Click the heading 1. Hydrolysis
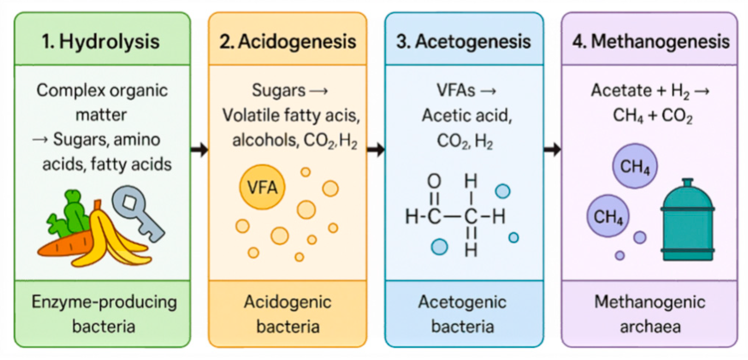click(101, 41)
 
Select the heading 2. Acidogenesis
click(288, 41)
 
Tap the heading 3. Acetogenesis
click(463, 41)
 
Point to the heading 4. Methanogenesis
click(650, 41)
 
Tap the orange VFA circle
click(262, 187)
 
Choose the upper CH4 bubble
click(635, 166)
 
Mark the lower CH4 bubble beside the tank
click(608, 216)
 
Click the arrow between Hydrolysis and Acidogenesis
click(199, 149)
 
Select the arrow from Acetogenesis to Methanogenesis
click(552, 149)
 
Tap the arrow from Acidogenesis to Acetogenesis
click(376, 149)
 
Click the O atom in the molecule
click(434, 181)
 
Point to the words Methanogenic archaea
click(650, 314)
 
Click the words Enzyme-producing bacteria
click(103, 314)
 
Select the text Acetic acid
click(467, 115)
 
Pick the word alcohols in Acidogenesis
click(265, 140)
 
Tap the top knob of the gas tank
click(687, 182)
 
